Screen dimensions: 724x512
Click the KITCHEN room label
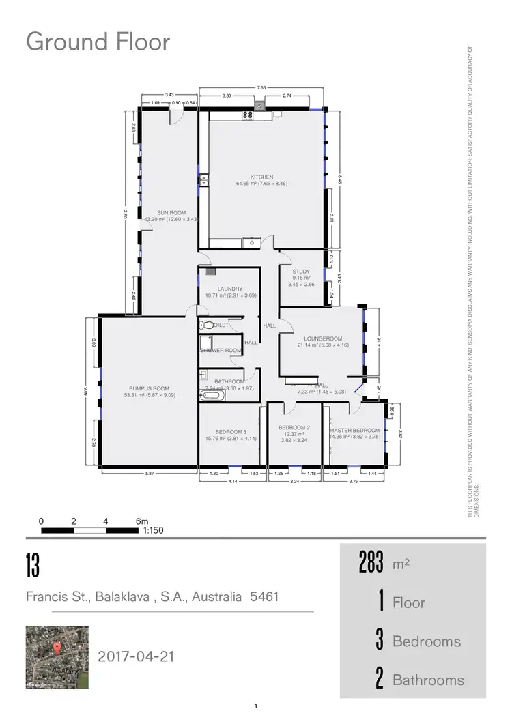click(x=262, y=177)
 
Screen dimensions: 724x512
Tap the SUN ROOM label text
click(x=171, y=213)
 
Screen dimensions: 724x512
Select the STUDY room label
click(x=301, y=272)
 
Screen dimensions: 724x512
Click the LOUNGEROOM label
click(x=323, y=338)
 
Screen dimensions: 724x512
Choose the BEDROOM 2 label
click(x=294, y=428)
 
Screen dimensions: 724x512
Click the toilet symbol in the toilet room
click(x=208, y=325)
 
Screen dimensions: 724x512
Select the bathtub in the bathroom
click(x=210, y=395)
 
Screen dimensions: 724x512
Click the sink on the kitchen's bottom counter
click(x=251, y=241)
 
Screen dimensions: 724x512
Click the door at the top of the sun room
click(x=176, y=114)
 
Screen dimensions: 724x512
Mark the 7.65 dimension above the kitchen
click(x=261, y=88)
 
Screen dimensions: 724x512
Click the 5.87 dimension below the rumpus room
click(x=150, y=473)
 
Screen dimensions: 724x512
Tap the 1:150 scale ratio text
click(x=153, y=530)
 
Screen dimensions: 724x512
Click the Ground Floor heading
click(x=98, y=42)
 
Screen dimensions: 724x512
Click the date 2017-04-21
click(x=137, y=656)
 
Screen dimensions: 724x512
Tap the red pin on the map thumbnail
click(x=57, y=647)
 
